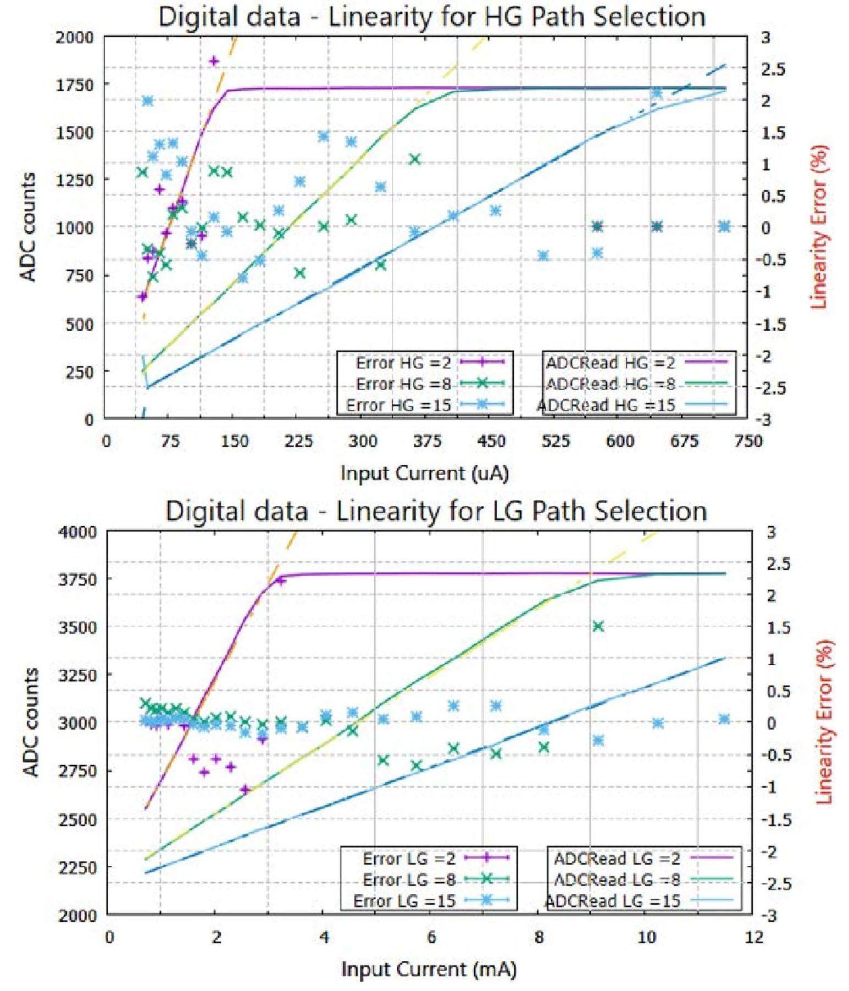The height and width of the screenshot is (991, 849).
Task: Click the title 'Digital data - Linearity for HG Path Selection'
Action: pyautogui.click(x=432, y=16)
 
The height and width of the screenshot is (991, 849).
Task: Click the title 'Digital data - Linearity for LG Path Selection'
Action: pyautogui.click(x=436, y=511)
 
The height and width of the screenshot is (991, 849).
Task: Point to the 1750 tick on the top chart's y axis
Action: pyautogui.click(x=81, y=85)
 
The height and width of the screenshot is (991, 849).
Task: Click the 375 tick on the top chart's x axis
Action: pyautogui.click(x=427, y=441)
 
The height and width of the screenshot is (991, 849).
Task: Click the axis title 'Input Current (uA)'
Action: pyautogui.click(x=425, y=473)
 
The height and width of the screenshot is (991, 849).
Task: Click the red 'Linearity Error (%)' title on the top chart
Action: pyautogui.click(x=819, y=226)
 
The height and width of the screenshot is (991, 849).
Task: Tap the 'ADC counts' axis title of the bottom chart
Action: pyautogui.click(x=31, y=722)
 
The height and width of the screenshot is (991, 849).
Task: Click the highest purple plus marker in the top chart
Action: pyautogui.click(x=214, y=61)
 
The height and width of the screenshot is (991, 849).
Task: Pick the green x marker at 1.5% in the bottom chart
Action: pyautogui.click(x=598, y=626)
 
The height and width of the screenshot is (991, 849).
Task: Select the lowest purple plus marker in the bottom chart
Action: pyautogui.click(x=245, y=789)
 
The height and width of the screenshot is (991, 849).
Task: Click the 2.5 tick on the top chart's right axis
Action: pyautogui.click(x=765, y=69)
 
